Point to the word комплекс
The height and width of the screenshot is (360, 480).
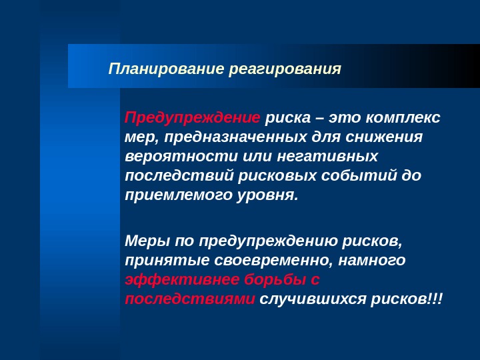pos(402,119)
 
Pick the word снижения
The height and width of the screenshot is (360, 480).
pos(391,138)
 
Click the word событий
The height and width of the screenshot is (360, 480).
pos(366,177)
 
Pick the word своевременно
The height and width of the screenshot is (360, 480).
pos(257,259)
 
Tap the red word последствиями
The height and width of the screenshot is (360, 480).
pos(191,297)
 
